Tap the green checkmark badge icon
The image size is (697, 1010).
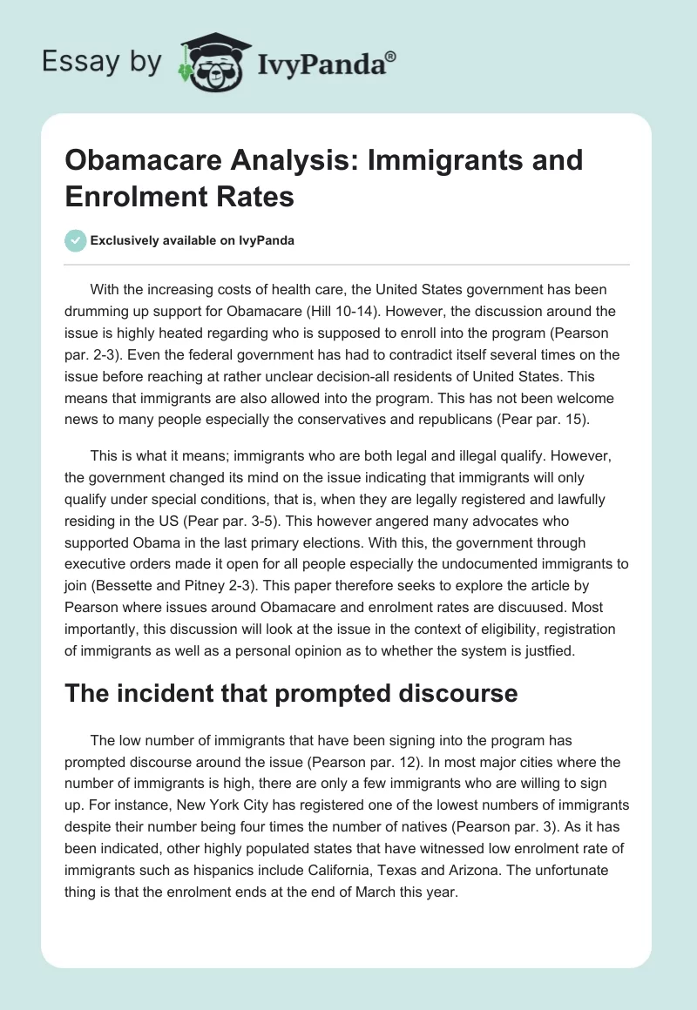75,241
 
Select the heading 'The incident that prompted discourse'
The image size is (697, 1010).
291,694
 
